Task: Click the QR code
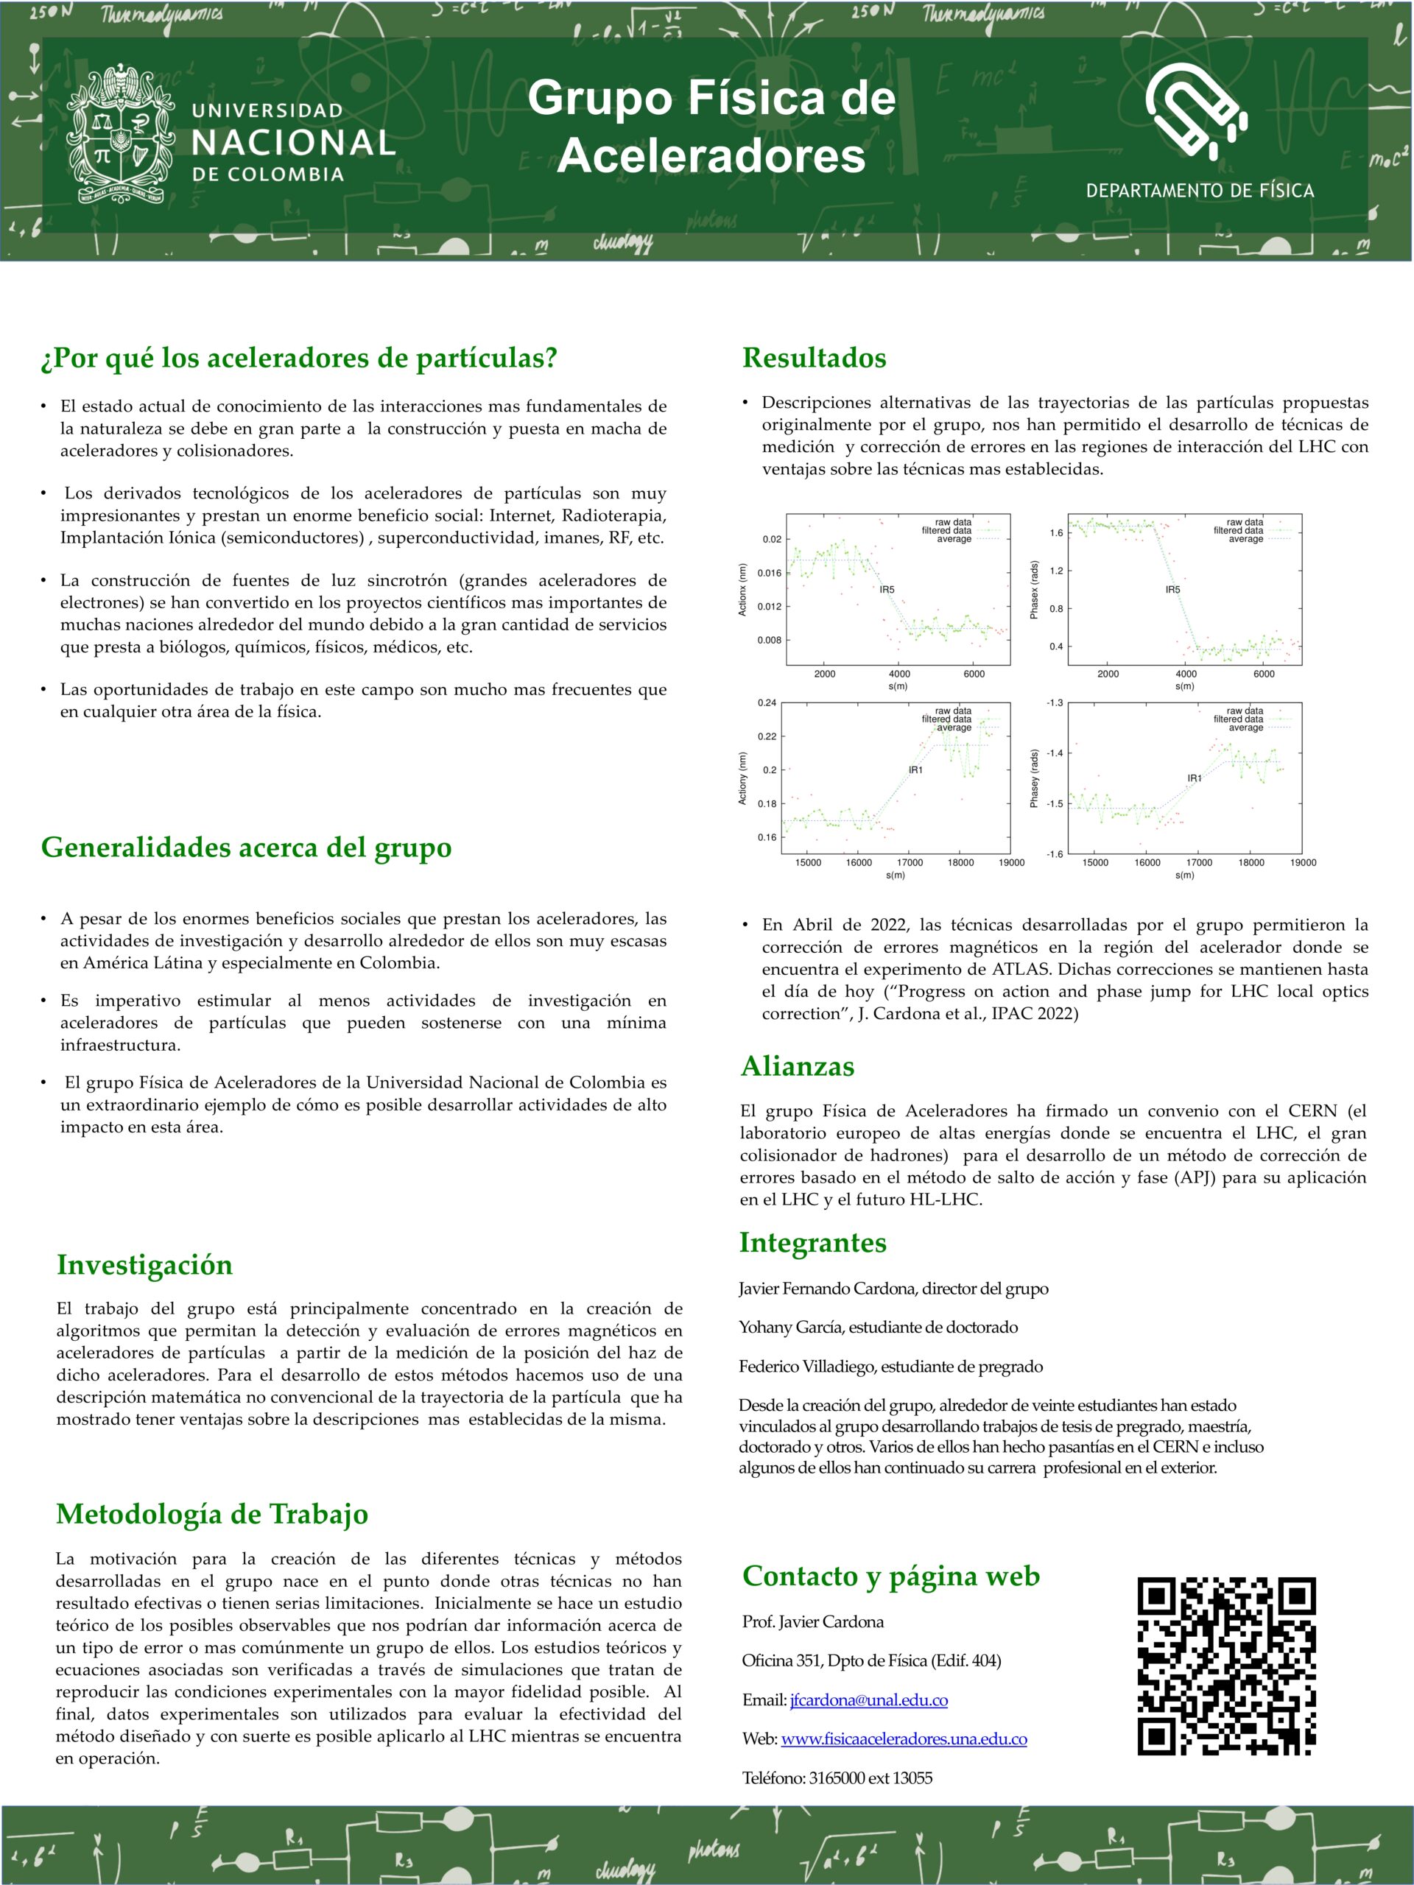click(1225, 1666)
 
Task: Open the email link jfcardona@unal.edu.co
click(868, 1700)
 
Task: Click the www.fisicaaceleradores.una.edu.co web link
click(904, 1738)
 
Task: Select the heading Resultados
click(814, 357)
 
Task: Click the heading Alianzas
click(797, 1066)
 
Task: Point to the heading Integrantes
click(812, 1242)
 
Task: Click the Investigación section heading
click(145, 1264)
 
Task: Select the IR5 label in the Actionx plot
click(887, 589)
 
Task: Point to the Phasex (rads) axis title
click(1034, 590)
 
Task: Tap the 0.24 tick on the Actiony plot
click(767, 703)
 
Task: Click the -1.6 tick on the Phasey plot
click(1055, 854)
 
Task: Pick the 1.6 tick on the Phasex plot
click(1057, 533)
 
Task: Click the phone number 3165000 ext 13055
click(870, 1777)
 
